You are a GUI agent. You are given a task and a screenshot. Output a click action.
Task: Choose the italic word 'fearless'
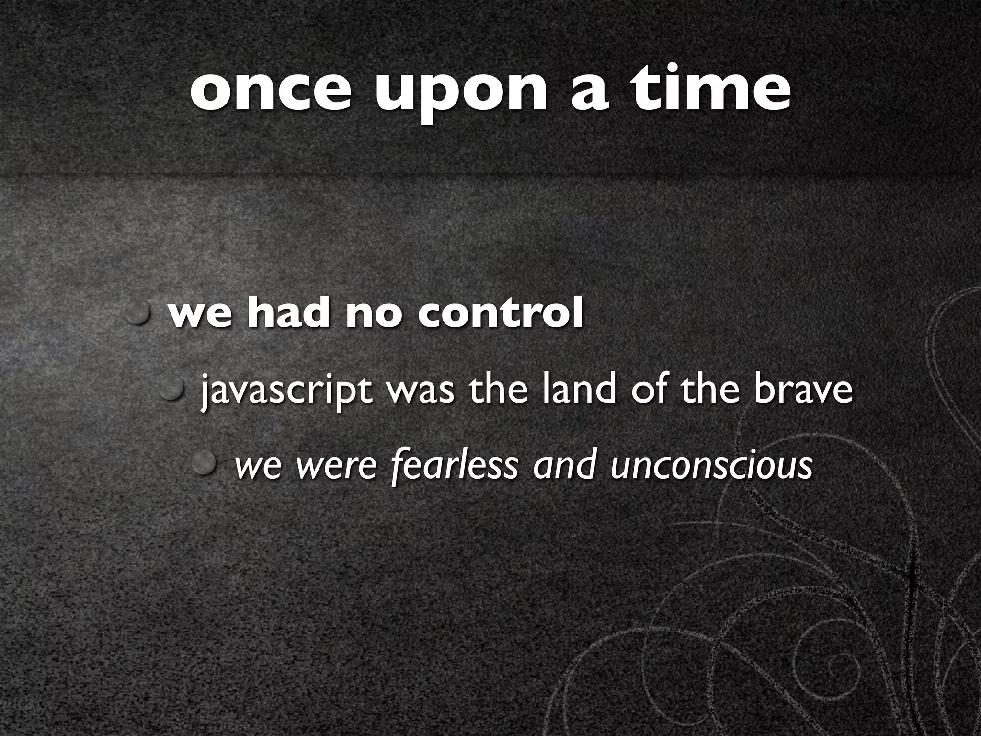click(455, 465)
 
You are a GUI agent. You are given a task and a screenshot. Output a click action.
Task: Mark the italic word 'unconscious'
click(711, 465)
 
